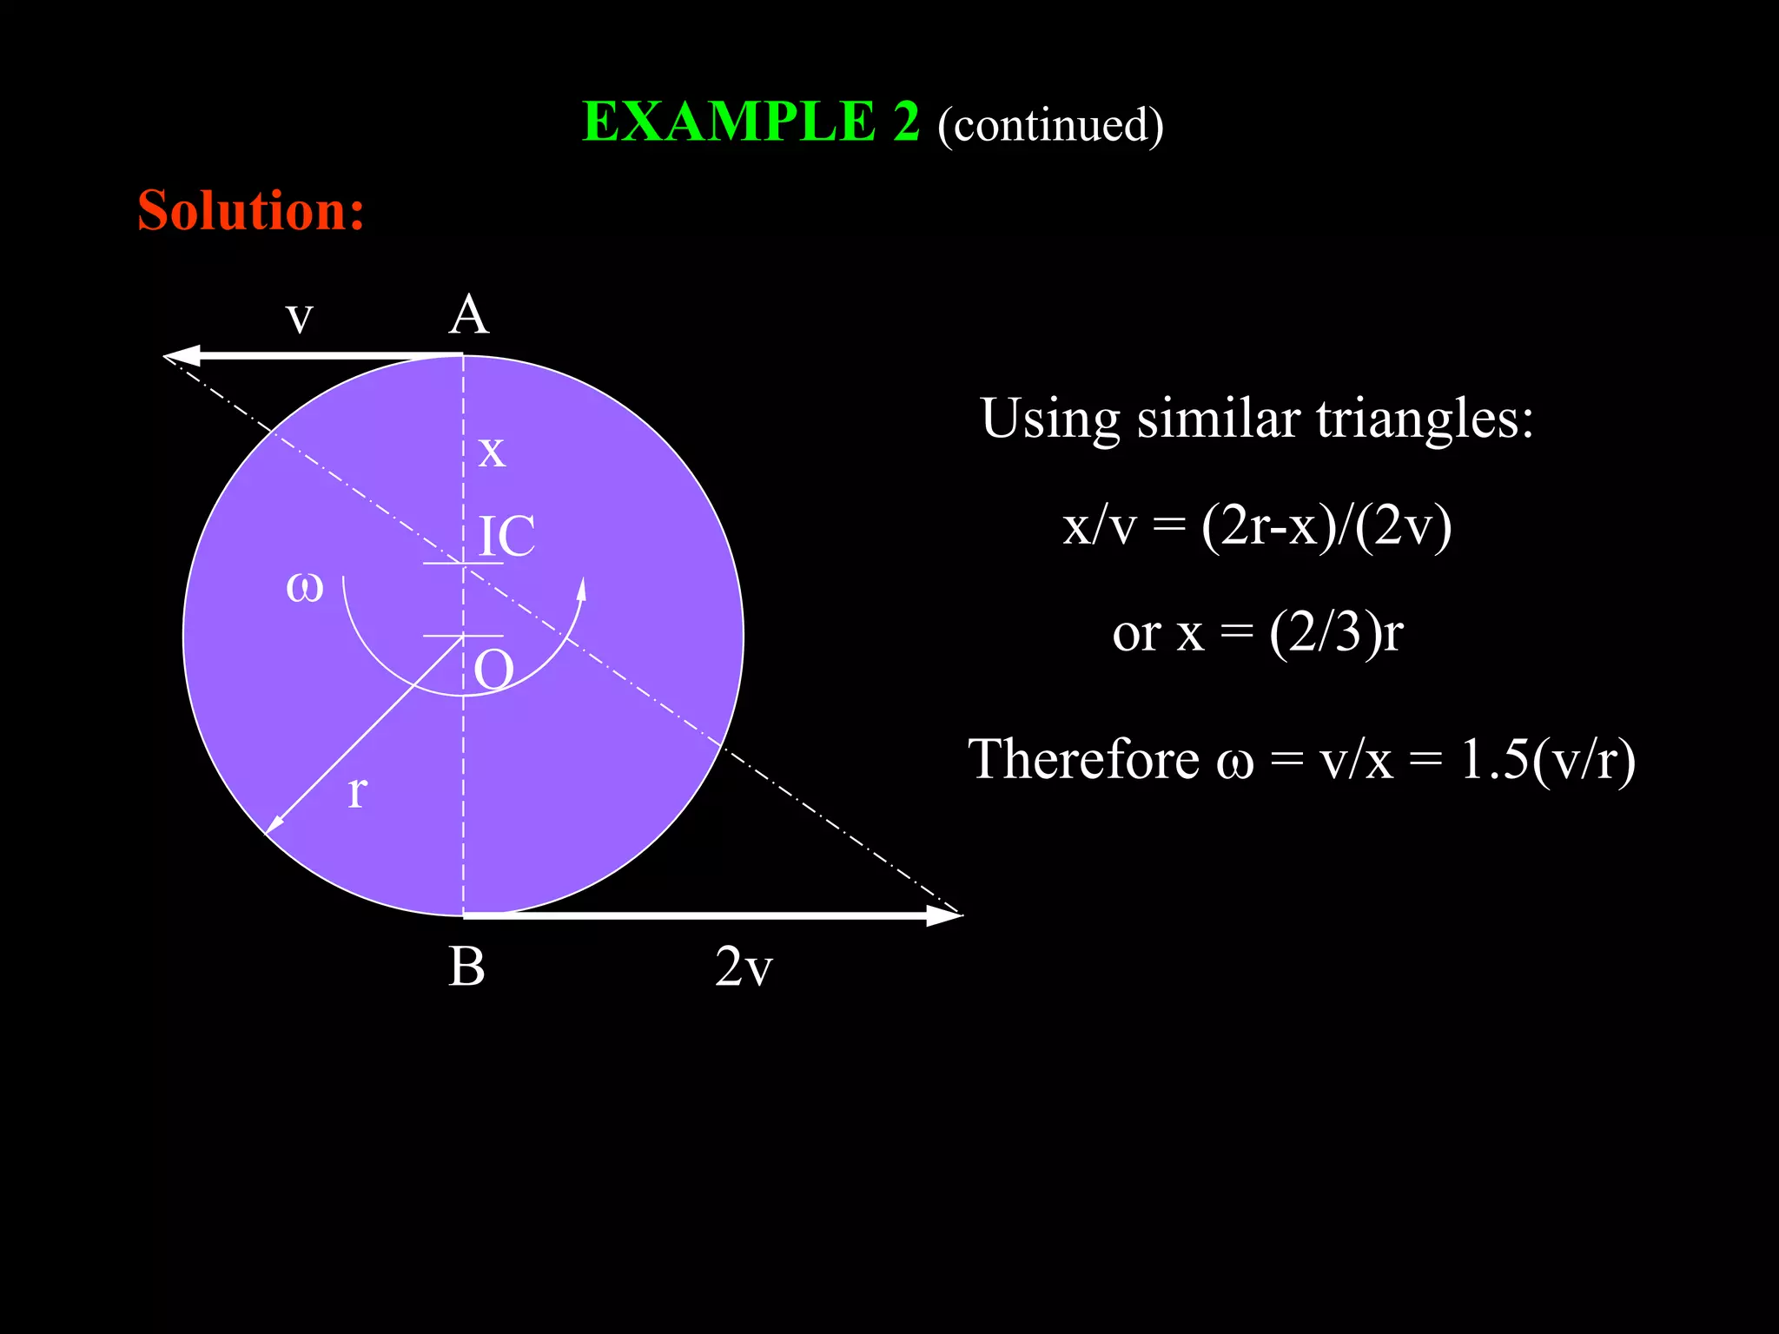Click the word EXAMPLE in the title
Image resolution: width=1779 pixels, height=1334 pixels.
tap(729, 122)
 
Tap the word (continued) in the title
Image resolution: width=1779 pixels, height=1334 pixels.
tap(1050, 125)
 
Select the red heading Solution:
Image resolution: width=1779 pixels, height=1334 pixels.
tap(251, 211)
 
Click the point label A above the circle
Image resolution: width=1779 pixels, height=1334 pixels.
tap(469, 314)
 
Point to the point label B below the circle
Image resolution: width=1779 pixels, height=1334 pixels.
tap(466, 967)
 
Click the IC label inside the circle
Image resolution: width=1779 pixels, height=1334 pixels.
tap(506, 537)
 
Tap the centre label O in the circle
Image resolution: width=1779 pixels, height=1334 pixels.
tap(493, 670)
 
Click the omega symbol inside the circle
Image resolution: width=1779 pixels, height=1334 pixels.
tap(304, 587)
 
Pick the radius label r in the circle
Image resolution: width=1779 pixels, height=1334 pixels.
tap(357, 792)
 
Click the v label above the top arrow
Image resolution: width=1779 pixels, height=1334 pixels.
tap(299, 318)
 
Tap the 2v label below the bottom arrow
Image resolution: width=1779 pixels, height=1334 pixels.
tap(744, 967)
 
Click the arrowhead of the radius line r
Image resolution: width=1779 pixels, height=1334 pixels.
tap(273, 825)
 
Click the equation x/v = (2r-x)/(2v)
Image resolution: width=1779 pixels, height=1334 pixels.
tap(1257, 526)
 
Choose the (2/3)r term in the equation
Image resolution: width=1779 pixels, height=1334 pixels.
tap(1336, 632)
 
